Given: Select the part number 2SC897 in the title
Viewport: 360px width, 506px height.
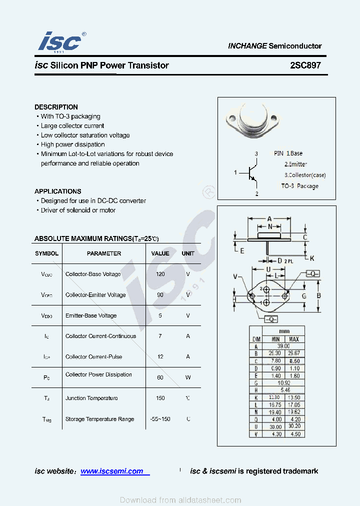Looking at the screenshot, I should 305,65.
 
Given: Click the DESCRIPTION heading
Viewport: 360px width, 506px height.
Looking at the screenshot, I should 56,107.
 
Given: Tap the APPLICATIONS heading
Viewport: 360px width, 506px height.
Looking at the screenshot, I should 57,191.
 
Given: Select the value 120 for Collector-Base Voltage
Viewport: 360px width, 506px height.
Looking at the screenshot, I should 160,274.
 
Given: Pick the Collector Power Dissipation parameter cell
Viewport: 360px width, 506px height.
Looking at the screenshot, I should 98,374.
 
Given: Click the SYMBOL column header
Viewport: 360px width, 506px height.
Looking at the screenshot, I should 46,253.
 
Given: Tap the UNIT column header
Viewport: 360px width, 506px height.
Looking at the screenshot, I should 188,253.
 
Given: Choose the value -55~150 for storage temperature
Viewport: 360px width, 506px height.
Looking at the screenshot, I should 160,419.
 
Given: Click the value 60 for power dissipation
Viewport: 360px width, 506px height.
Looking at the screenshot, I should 160,377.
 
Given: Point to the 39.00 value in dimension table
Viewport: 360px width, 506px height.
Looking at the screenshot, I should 283,346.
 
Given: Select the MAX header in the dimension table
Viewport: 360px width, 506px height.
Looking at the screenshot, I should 293,339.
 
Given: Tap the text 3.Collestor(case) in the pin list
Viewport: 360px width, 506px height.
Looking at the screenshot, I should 304,175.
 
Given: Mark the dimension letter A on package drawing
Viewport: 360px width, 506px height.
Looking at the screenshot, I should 269,219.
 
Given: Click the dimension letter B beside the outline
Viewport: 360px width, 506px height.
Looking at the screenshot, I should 319,295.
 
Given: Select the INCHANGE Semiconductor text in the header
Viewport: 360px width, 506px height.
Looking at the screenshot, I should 274,46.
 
